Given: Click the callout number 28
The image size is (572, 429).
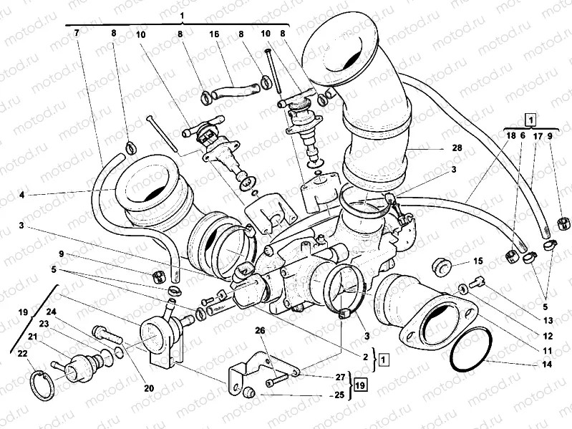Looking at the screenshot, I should point(437,148).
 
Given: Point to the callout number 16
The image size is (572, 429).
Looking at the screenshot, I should point(213,34).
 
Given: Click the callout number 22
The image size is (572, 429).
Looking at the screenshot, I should point(22,354).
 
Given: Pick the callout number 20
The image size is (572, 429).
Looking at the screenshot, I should point(149,388).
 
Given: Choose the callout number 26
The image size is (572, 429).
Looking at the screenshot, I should point(259,331).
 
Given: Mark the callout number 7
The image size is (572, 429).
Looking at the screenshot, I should point(76,34).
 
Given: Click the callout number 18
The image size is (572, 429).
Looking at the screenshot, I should point(510,135).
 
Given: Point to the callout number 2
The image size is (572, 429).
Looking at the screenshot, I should point(364,356).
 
